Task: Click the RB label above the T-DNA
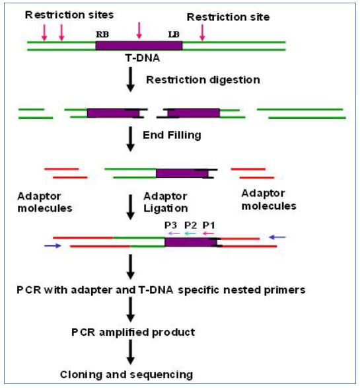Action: pos(102,34)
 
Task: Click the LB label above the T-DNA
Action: pos(174,34)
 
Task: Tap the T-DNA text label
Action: pos(143,58)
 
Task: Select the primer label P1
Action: pos(209,225)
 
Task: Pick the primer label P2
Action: pos(191,225)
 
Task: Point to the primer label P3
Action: pos(171,225)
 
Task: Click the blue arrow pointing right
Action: pos(53,246)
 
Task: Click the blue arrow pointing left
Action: pos(277,237)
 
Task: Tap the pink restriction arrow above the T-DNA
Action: pos(139,30)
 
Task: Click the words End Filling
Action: pos(172,136)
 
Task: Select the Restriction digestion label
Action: pos(203,80)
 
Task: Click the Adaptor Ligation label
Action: pos(165,202)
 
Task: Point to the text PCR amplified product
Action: pos(133,332)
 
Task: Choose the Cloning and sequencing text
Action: pos(126,375)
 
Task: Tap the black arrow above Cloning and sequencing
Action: pos(130,352)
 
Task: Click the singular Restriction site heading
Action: pos(228,17)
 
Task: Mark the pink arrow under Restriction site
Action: pos(203,32)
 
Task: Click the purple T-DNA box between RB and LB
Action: pos(139,46)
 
